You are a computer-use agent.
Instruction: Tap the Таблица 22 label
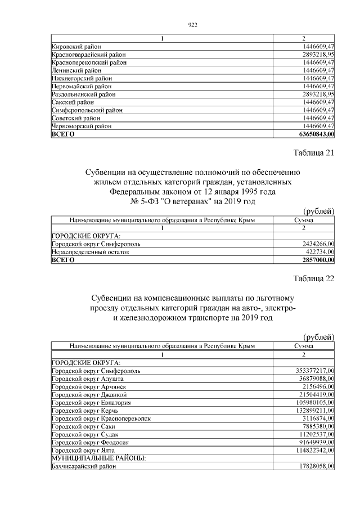(314, 280)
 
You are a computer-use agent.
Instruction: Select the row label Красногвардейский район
(88, 55)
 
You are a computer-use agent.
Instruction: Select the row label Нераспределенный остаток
(90, 252)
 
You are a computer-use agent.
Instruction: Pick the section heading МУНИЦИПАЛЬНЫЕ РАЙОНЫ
(98, 458)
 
